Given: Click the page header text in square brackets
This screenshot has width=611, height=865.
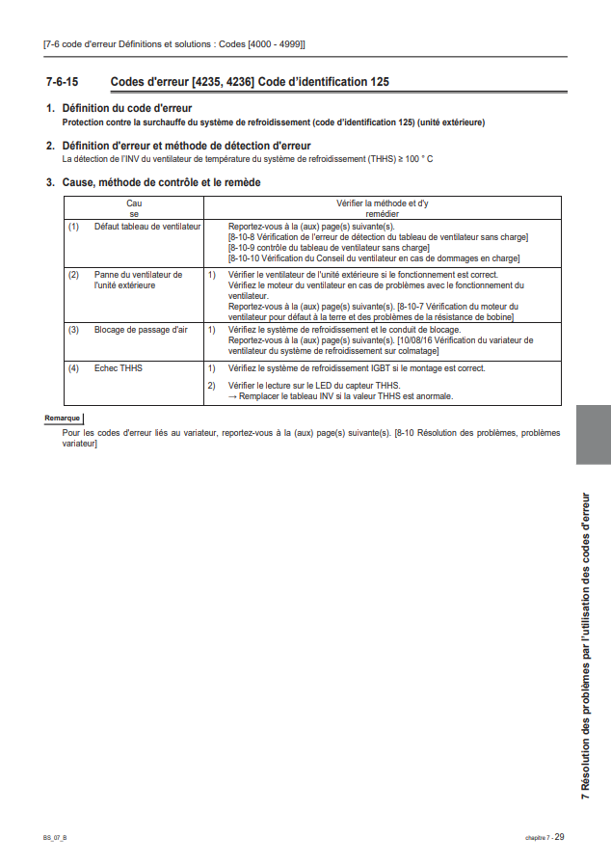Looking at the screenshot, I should click(174, 44).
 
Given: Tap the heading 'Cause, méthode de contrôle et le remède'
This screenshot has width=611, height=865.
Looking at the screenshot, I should click(161, 182).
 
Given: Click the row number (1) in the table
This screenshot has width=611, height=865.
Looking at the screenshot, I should click(73, 226).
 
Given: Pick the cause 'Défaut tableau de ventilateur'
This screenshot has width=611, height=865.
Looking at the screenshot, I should click(147, 226).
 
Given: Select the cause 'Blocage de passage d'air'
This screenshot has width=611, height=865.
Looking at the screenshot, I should click(141, 330).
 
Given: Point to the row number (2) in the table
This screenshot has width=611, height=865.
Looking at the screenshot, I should click(73, 275).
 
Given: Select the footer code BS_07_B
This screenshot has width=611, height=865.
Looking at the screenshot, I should click(55, 838).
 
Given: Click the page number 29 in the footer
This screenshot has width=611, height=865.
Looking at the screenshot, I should click(560, 837).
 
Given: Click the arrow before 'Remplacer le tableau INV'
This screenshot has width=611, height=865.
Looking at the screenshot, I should click(232, 395).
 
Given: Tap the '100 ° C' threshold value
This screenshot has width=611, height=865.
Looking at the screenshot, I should click(415, 158).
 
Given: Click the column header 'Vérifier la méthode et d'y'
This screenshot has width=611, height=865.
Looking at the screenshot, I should click(383, 203).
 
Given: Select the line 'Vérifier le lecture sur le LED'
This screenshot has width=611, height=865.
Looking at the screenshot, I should click(313, 386).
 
